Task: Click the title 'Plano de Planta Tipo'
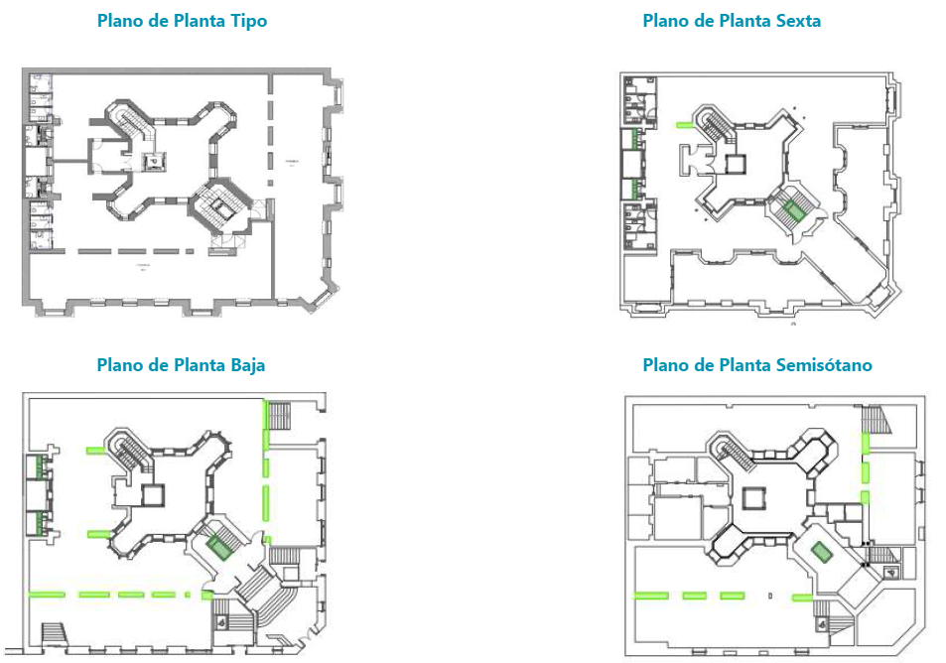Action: click(182, 20)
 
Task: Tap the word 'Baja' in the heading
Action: click(246, 364)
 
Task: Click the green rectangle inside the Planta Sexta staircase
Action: click(793, 209)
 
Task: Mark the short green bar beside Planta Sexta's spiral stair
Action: click(685, 125)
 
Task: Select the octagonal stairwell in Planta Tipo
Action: click(219, 205)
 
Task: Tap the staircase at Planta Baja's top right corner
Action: click(280, 414)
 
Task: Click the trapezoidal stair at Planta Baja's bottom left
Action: click(52, 632)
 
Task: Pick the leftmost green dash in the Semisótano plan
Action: click(650, 596)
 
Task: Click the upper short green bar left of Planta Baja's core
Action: click(95, 450)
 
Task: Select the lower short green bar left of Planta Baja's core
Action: click(97, 534)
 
